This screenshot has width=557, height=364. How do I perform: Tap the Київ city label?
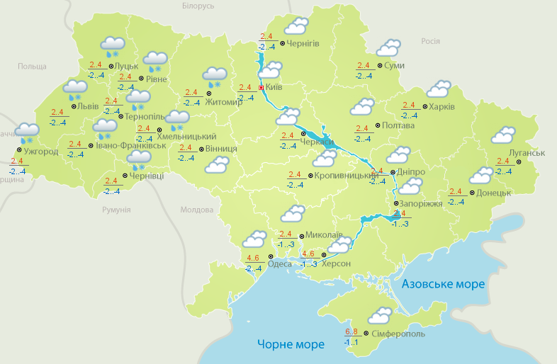tap(274, 88)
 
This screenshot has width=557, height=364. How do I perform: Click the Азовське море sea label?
tap(443, 284)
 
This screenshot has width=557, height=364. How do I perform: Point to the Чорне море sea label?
tap(291, 344)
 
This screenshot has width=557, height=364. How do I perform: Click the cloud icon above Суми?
tap(388, 48)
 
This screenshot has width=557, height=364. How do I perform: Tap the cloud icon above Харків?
tap(439, 89)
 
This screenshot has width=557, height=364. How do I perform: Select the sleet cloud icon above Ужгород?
tap(28, 132)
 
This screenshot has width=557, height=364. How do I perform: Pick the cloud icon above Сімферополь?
tap(381, 314)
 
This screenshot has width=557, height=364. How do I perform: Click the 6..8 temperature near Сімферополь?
tap(351, 331)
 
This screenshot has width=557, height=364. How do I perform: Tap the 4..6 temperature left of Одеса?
tap(253, 258)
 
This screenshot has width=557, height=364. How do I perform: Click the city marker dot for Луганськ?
tap(518, 162)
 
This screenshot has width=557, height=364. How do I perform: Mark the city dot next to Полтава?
tap(377, 126)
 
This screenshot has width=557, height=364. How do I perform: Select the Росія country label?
tap(431, 41)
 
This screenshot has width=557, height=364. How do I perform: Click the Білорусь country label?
tap(198, 6)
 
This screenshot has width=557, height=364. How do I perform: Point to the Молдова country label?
tap(196, 210)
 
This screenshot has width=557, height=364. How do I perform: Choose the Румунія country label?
tap(116, 210)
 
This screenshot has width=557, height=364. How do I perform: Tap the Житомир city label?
tap(223, 102)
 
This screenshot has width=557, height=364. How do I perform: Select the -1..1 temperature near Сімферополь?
tap(351, 342)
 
